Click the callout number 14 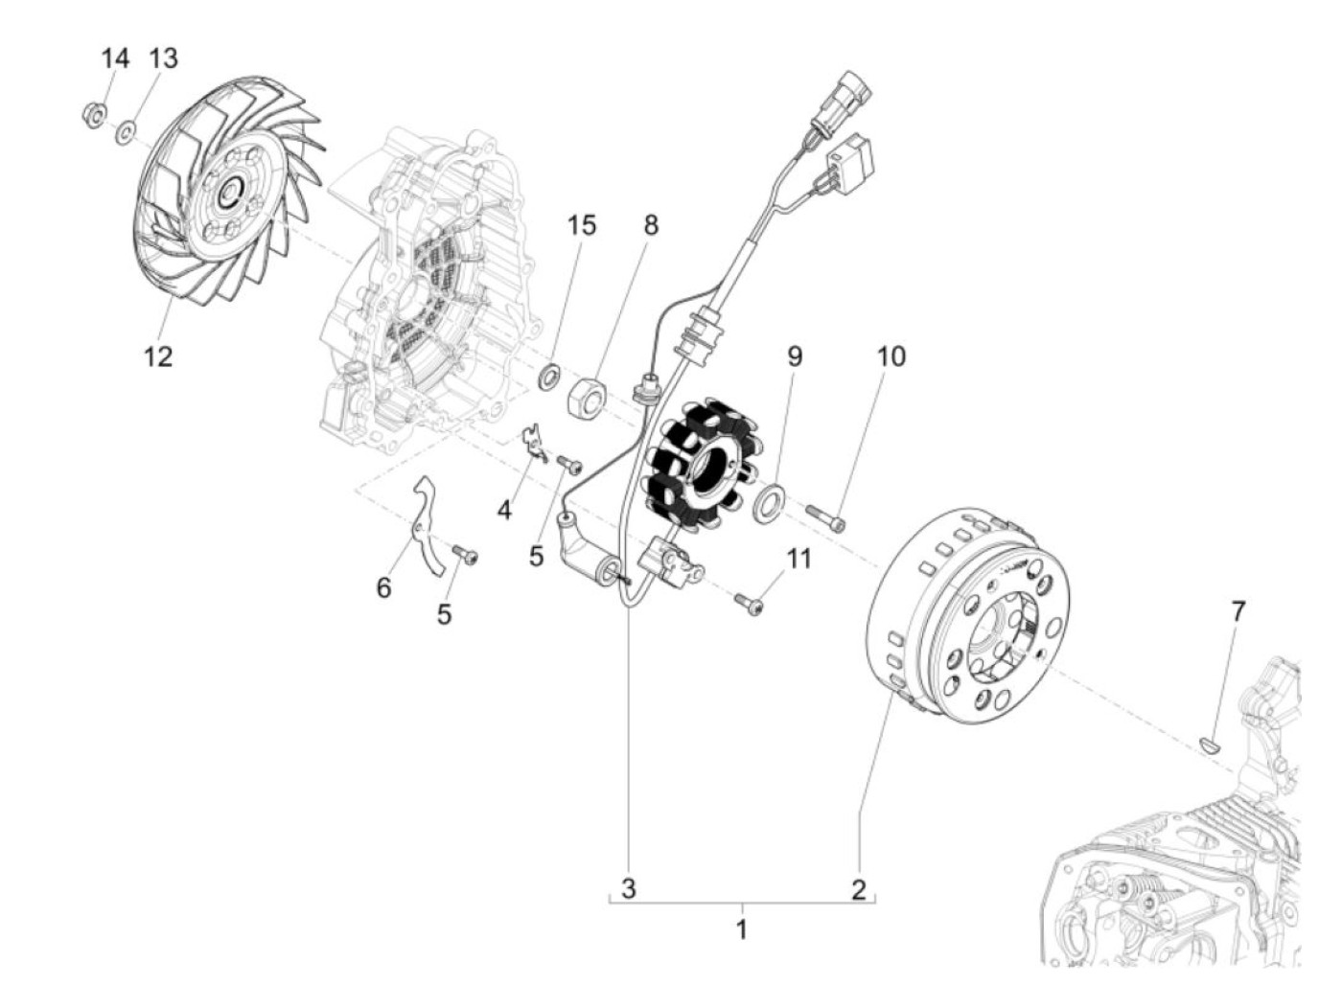click(115, 58)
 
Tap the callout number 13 click(163, 58)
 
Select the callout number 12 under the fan click(158, 356)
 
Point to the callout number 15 click(581, 225)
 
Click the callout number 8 click(651, 225)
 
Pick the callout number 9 click(795, 356)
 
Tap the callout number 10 click(891, 356)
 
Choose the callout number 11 click(798, 559)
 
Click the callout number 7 click(1238, 610)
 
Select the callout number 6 click(383, 586)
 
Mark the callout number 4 click(504, 510)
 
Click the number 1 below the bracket click(741, 928)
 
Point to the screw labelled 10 click(826, 518)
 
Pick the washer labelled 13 click(126, 129)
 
